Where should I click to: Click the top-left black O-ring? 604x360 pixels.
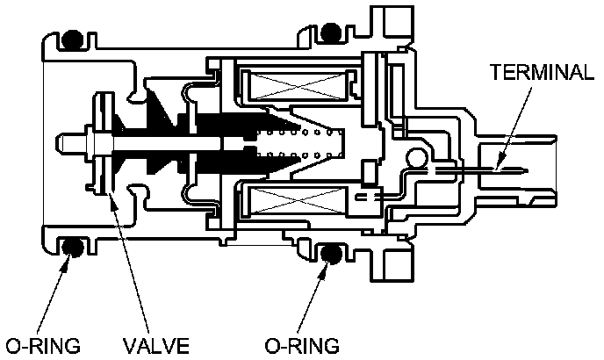(71, 40)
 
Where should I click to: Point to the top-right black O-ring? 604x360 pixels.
(330, 32)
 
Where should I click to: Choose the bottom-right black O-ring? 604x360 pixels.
(330, 255)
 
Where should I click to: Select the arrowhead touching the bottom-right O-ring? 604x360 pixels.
(325, 264)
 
